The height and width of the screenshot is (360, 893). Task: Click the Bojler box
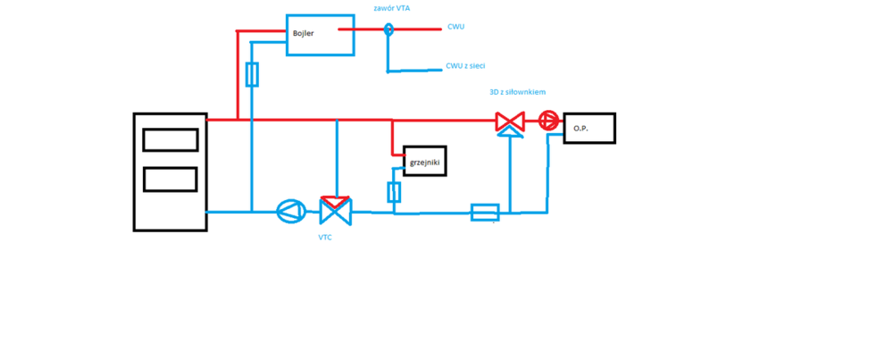[320, 35]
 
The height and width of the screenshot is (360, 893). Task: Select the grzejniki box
[425, 161]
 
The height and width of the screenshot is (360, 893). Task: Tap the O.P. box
[588, 128]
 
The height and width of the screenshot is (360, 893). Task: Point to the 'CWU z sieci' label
[465, 66]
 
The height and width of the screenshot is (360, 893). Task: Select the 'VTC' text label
[327, 239]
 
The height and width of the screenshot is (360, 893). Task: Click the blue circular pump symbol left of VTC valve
[290, 212]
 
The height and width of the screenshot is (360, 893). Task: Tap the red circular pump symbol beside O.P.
[548, 121]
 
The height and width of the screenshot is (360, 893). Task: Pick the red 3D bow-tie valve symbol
[510, 121]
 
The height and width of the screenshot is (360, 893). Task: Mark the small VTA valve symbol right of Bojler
[388, 29]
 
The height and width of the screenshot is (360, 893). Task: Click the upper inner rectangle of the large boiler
[170, 140]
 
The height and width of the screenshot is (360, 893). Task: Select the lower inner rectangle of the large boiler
[170, 179]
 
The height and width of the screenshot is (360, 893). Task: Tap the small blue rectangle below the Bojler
[252, 74]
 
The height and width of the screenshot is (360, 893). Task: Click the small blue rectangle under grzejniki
[394, 191]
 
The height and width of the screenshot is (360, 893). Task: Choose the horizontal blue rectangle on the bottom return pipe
[485, 212]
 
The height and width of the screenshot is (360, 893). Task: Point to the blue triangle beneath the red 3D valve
[510, 132]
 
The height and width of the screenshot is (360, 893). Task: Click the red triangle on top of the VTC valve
[336, 201]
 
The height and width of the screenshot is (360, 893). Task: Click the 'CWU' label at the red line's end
[455, 27]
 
